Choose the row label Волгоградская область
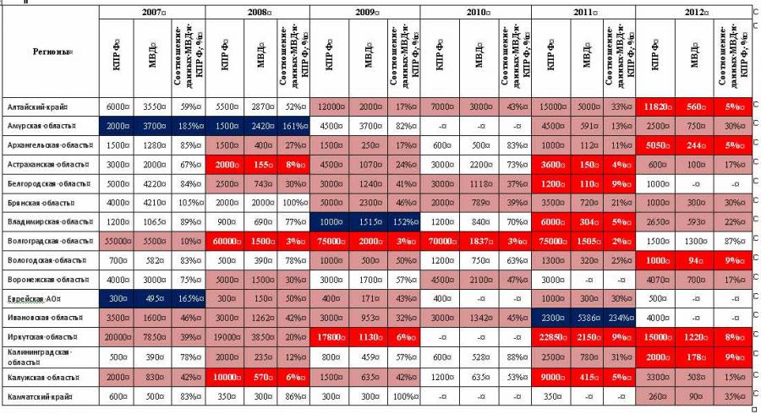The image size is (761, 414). pos(49,241)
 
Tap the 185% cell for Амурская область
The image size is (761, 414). pos(188,125)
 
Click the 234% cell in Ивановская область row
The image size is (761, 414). pos(621,318)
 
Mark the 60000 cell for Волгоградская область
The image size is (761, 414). pos(225,241)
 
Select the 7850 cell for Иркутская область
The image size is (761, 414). pos(151,337)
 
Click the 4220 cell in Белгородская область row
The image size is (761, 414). pos(151,183)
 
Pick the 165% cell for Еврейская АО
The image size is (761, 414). pos(188,298)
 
